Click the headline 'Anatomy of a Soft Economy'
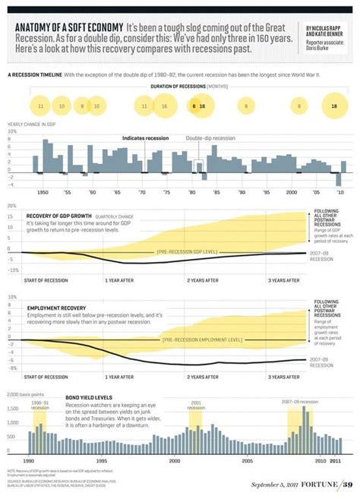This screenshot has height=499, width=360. pos(68,27)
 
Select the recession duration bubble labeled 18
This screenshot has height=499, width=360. pos(334,107)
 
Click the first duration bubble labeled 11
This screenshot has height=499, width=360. pos(40,107)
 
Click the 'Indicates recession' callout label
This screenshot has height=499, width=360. pos(144,138)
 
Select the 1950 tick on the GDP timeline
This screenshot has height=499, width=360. pos(43,194)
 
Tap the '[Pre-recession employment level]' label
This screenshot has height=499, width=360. pos(202,340)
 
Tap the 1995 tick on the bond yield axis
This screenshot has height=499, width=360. pos(100,460)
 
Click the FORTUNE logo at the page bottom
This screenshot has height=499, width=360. pos(317,485)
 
